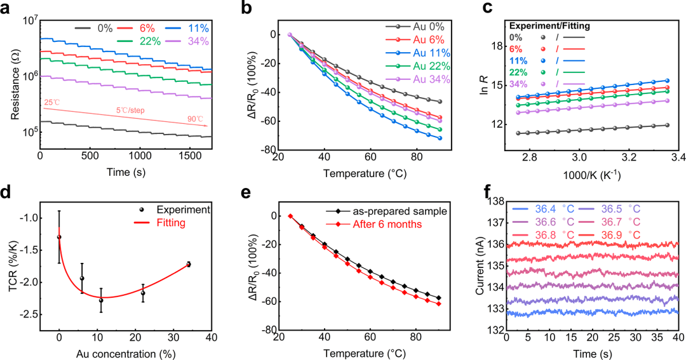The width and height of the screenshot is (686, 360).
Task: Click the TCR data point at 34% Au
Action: (189, 264)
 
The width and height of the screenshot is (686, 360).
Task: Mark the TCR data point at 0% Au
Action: (59, 237)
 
